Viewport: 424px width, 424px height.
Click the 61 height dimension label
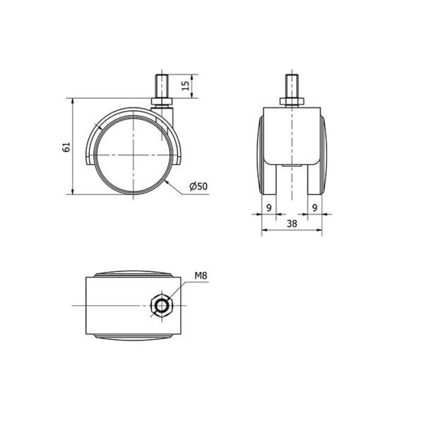point(66,147)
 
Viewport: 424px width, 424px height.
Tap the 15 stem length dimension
point(185,86)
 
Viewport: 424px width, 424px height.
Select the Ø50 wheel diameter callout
point(199,187)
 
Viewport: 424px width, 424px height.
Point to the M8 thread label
point(201,276)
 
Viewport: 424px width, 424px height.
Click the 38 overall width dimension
point(292,223)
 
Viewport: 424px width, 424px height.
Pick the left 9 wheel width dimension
point(269,208)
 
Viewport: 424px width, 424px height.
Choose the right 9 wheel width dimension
point(314,208)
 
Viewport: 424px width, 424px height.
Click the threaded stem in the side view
point(162,86)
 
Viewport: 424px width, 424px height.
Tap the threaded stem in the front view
point(292,86)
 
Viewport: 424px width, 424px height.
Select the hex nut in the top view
point(162,307)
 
